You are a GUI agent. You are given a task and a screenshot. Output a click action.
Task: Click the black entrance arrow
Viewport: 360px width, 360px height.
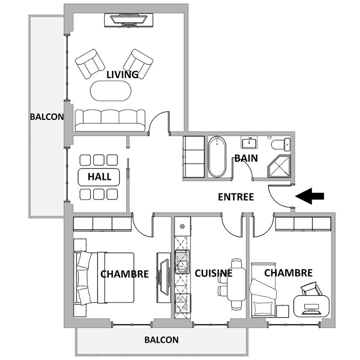tap(309, 196)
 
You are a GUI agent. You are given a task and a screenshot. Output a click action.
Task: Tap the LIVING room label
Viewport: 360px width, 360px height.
tap(122, 75)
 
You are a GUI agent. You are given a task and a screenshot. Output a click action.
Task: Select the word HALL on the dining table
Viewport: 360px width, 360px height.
tap(99, 177)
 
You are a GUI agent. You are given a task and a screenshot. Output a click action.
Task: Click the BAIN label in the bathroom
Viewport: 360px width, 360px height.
tap(246, 158)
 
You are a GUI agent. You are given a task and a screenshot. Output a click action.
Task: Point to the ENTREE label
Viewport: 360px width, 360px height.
tap(236, 197)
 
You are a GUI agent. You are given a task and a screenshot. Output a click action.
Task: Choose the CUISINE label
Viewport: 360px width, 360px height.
tap(214, 273)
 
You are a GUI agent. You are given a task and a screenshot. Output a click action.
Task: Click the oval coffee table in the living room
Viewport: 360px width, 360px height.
tap(111, 91)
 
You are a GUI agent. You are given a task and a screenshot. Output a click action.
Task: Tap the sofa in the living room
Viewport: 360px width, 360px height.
tap(110, 120)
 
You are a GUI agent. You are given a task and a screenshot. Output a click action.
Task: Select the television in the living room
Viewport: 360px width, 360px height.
tap(129, 20)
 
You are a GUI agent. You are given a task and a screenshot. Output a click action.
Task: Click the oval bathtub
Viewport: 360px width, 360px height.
tap(217, 156)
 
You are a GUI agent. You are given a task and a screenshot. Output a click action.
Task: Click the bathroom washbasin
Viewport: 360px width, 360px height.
tap(249, 143)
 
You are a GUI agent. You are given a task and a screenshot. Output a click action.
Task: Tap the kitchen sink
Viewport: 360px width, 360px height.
tap(182, 262)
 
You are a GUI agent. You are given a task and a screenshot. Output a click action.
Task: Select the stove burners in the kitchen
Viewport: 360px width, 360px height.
tap(182, 303)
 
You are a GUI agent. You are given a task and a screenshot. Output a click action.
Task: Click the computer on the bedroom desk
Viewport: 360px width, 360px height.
tap(312, 308)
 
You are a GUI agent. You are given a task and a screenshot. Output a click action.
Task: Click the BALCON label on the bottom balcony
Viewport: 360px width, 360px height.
tap(161, 340)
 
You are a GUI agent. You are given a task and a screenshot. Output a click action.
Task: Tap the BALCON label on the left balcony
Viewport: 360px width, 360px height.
tap(47, 117)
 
